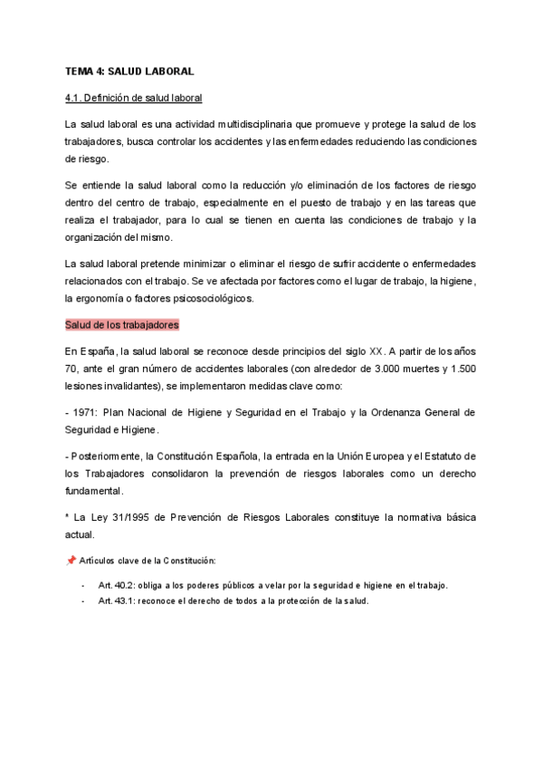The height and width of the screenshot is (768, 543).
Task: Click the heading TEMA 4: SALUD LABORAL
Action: pos(129,70)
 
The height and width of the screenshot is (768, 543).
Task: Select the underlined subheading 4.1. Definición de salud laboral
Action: pos(133,97)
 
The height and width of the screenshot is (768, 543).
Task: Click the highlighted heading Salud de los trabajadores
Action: pos(122,324)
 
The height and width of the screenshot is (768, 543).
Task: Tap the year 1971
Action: pos(86,411)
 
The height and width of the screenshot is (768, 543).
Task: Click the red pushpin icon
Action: pos(71,561)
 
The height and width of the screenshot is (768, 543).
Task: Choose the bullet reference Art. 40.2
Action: pos(118,585)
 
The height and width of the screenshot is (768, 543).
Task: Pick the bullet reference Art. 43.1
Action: pos(118,600)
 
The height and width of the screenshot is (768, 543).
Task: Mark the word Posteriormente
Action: pos(107,455)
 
